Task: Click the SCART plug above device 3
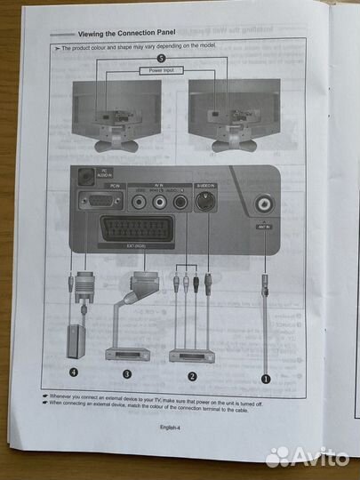(x=122, y=284)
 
